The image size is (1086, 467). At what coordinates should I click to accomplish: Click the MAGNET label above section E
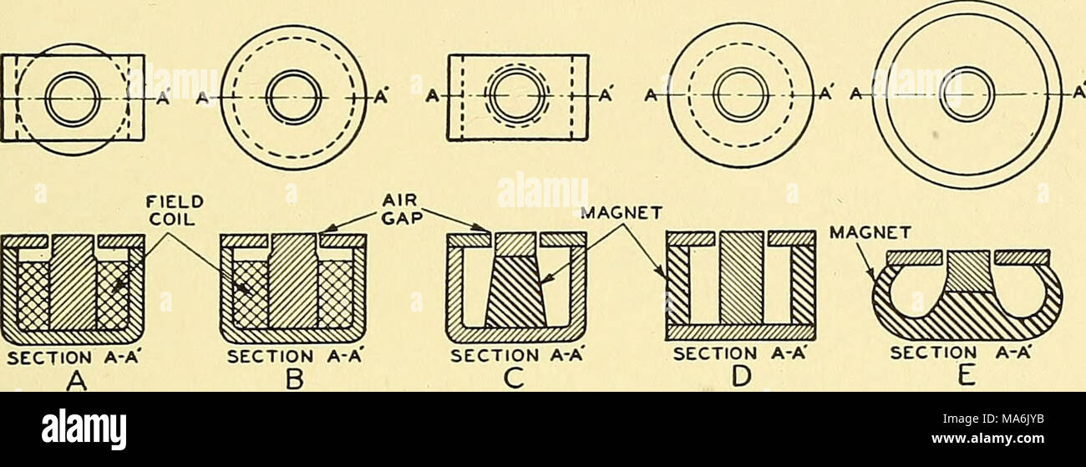(x=870, y=234)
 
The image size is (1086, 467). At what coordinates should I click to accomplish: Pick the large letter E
(x=967, y=377)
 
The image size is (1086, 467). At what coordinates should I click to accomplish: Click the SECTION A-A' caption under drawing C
(x=515, y=355)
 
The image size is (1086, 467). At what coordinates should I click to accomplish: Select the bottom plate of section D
(x=740, y=332)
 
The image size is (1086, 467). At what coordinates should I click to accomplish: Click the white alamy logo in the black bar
(x=84, y=429)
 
